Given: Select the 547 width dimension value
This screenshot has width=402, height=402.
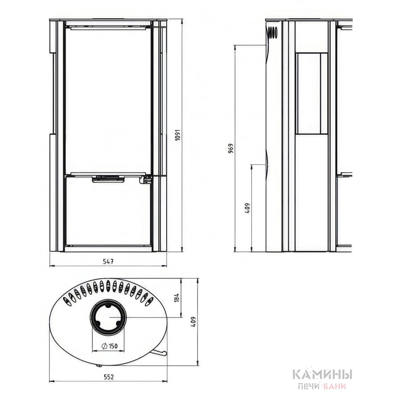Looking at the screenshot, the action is click(108, 261).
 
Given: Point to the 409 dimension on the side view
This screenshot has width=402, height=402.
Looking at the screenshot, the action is click(247, 208).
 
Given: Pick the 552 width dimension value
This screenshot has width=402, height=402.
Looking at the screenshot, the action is click(109, 377).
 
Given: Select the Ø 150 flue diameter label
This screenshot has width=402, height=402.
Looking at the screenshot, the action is click(109, 346).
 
